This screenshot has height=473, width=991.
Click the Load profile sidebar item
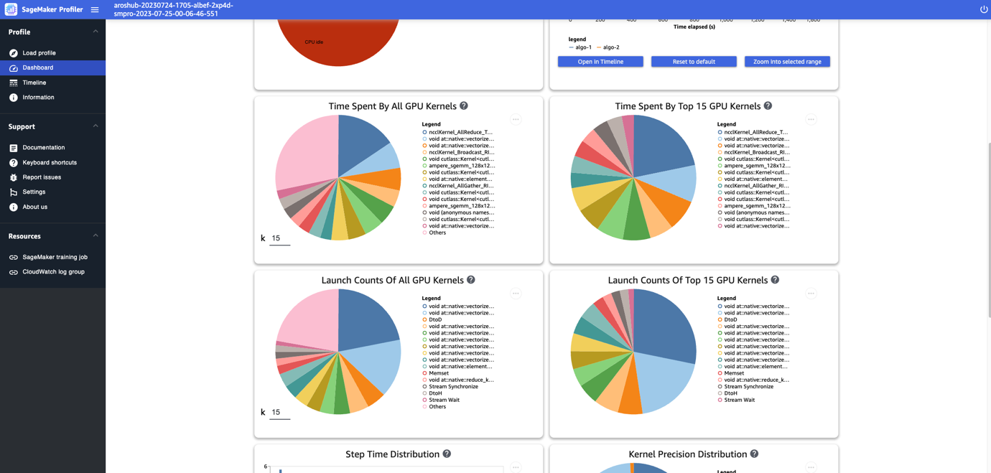click(x=39, y=53)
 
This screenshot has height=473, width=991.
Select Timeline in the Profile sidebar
click(x=34, y=83)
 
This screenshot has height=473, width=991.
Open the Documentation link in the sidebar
click(x=43, y=148)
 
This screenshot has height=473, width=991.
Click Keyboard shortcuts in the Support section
click(x=49, y=163)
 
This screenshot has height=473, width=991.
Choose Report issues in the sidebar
click(x=42, y=177)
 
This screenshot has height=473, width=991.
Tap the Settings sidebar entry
click(x=34, y=192)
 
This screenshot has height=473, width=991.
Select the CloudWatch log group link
click(x=53, y=272)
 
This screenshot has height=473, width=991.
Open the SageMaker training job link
click(x=55, y=257)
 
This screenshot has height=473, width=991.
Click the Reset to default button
click(x=693, y=62)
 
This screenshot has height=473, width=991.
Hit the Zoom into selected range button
click(x=787, y=62)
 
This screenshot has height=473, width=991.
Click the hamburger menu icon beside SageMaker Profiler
click(x=95, y=9)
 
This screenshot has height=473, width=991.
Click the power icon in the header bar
click(x=984, y=9)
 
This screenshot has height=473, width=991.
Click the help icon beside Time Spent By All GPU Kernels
click(x=464, y=106)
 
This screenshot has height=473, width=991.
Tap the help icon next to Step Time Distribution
click(x=447, y=454)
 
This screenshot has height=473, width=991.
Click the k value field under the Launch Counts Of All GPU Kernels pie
click(x=279, y=412)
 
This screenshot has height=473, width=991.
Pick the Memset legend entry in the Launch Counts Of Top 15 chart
click(x=734, y=373)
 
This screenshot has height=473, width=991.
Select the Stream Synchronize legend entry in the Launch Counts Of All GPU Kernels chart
click(x=452, y=387)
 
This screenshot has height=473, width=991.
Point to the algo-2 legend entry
click(x=610, y=47)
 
